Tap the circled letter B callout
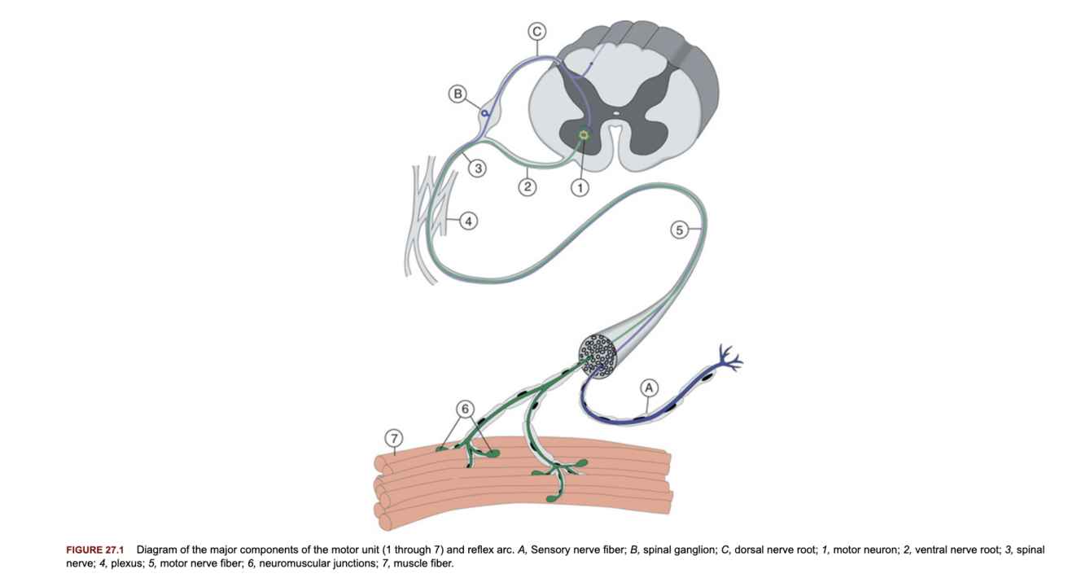pos(458,94)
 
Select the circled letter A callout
pos(649,388)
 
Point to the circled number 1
pos(580,188)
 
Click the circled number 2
pos(528,188)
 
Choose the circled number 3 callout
pos(478,169)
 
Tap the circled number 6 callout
pos(465,408)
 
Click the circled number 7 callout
pos(394,439)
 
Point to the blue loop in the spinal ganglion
pos(485,113)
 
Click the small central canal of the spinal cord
pos(616,115)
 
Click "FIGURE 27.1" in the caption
pos(94,550)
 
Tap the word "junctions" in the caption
pos(359,563)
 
